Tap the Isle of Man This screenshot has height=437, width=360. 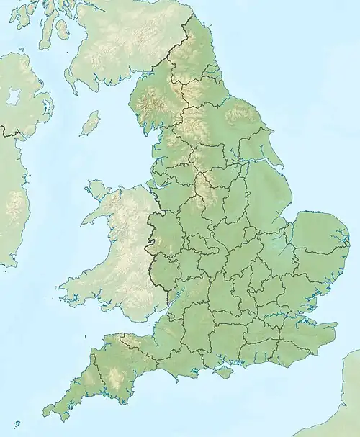90,123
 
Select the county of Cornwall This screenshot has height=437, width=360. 68,400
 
